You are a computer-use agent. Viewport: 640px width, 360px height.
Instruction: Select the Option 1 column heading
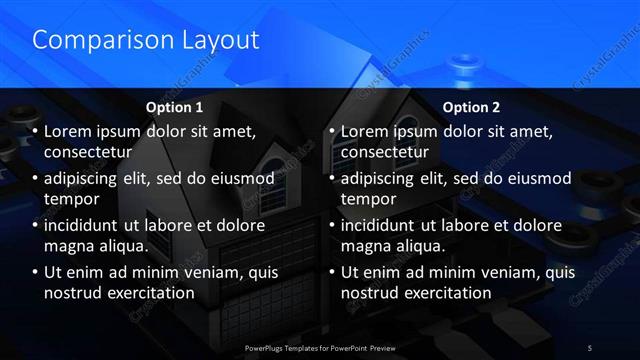174,106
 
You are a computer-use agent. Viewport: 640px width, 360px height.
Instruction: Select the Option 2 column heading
471,106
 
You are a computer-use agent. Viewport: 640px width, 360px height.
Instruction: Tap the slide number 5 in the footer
590,346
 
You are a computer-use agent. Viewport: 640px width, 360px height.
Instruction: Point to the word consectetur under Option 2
384,153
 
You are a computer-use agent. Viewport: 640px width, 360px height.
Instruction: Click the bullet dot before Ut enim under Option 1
37,273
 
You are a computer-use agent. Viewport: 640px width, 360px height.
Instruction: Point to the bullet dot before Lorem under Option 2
333,132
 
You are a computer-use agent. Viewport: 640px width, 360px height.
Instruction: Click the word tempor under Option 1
69,199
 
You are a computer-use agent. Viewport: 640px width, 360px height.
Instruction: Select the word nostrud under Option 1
74,293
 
